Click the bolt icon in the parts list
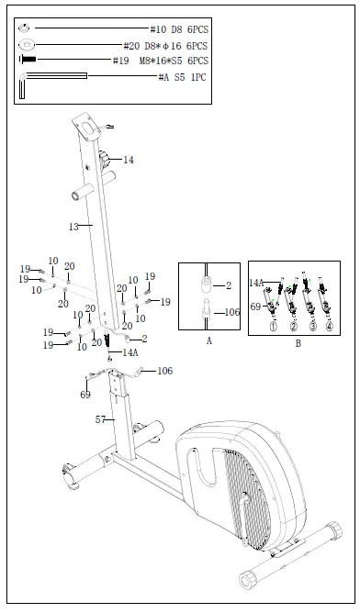click(x=28, y=61)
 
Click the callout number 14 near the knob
click(x=129, y=160)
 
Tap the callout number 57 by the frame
click(x=103, y=419)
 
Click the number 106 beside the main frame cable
click(x=164, y=371)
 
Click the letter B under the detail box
click(x=298, y=344)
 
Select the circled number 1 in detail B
click(x=273, y=325)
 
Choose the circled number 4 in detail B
click(x=330, y=325)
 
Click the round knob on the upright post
click(x=109, y=161)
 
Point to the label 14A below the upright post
click(x=129, y=352)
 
